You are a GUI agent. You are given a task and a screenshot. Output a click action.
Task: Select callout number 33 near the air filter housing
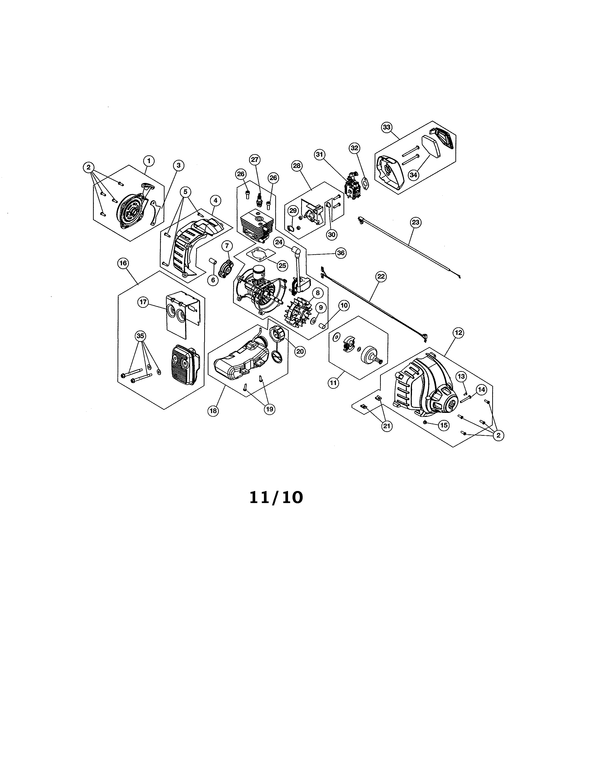[387, 127]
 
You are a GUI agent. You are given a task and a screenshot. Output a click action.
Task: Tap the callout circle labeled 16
[123, 263]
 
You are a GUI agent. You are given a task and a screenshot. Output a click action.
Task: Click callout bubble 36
[341, 253]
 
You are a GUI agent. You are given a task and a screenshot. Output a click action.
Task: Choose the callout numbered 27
[255, 159]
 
